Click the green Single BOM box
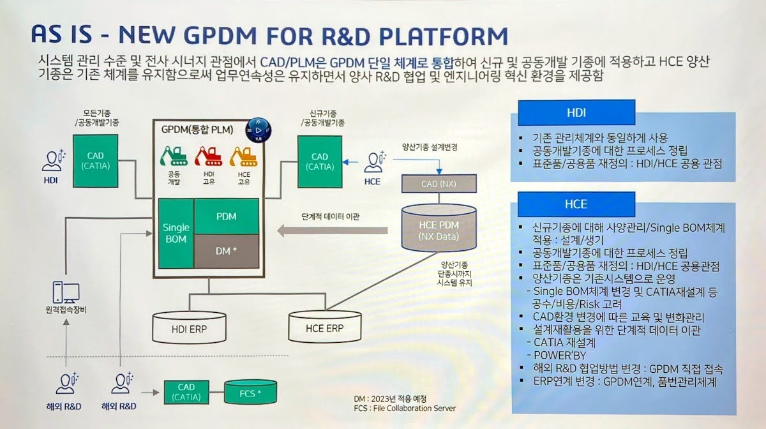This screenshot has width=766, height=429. tap(176, 234)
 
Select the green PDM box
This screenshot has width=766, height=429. tap(226, 216)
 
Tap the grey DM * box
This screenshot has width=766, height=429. tap(226, 252)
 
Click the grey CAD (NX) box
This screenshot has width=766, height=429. tap(438, 184)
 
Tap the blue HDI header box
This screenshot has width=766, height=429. tap(576, 112)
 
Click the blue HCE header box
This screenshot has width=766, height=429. tap(576, 204)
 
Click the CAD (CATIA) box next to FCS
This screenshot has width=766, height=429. tap(186, 392)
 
